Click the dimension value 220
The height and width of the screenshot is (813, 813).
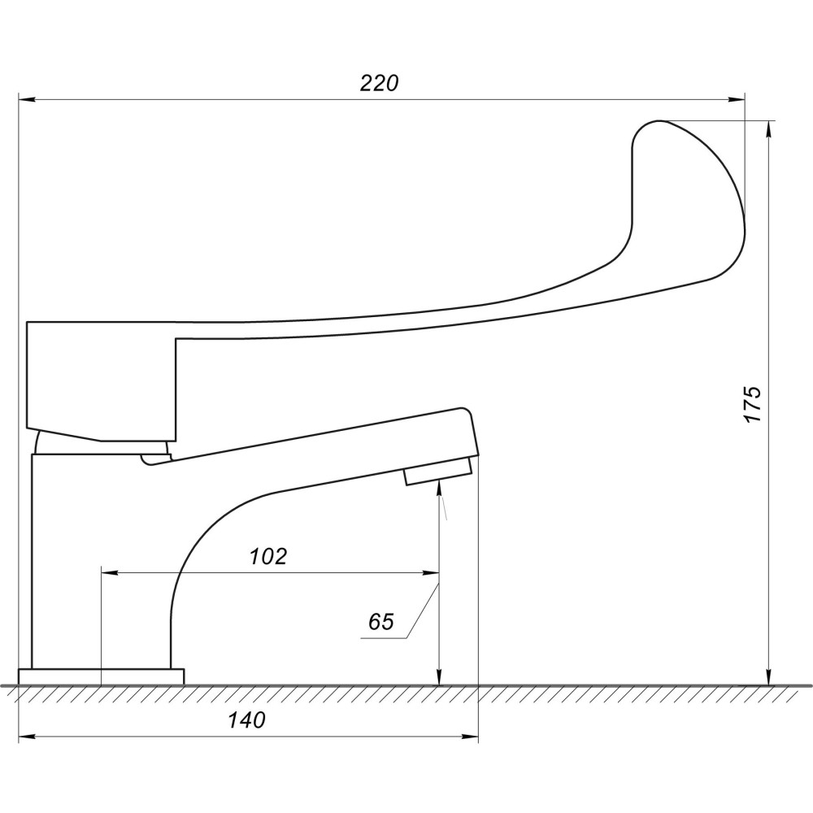(x=379, y=83)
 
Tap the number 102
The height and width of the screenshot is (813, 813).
(x=268, y=556)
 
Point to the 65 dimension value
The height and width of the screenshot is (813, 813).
(x=381, y=621)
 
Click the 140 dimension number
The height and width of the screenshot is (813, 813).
(x=247, y=720)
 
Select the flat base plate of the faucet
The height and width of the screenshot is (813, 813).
(x=101, y=676)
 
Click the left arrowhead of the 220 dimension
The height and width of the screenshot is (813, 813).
(x=27, y=99)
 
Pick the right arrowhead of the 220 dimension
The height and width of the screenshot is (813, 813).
(x=737, y=99)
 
